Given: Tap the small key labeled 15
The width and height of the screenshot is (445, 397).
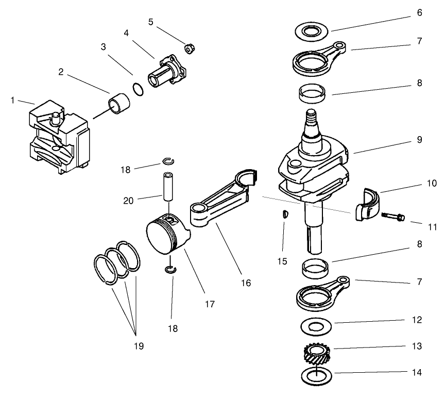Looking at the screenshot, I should click(284, 215).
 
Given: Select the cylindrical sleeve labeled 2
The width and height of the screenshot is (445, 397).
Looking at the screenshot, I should click(120, 102).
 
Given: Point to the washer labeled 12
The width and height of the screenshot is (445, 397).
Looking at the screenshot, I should click(313, 327).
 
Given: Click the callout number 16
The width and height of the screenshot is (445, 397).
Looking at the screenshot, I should click(246, 283).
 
